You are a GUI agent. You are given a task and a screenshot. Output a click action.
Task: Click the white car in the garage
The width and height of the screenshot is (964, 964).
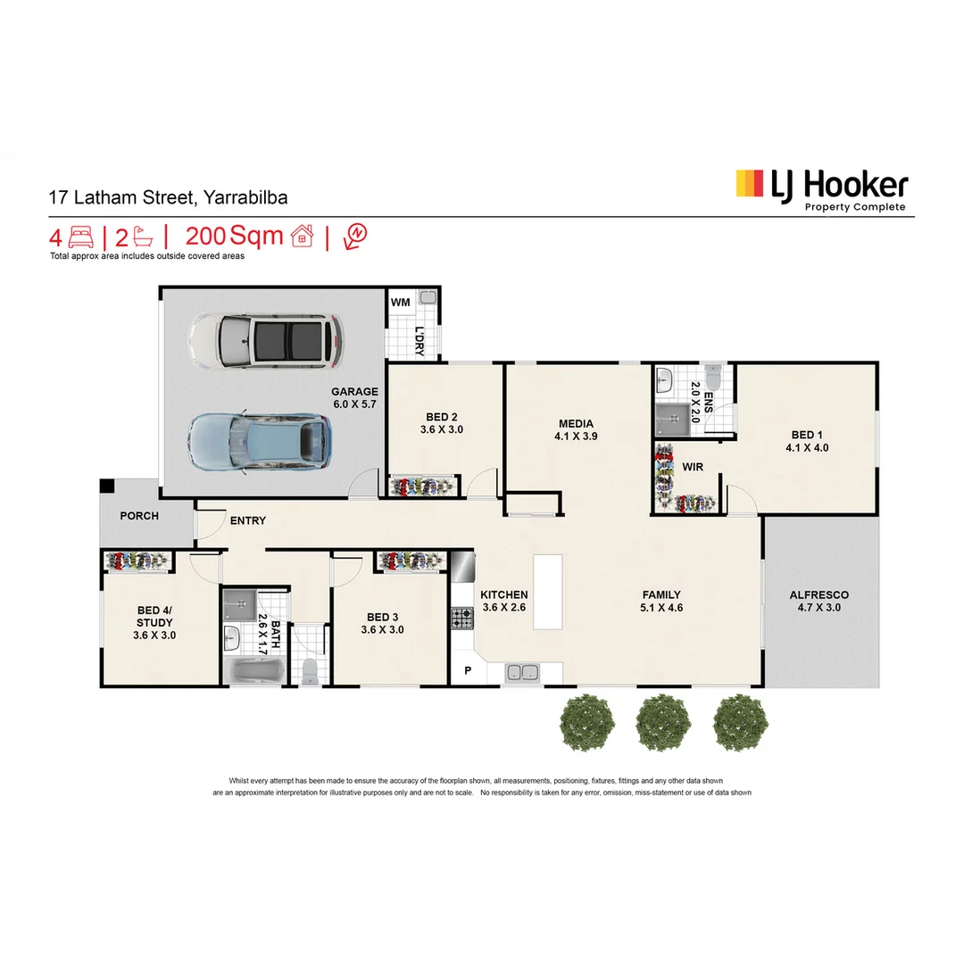[x=265, y=340]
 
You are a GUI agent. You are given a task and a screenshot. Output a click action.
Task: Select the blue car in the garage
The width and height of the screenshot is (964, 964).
[x=257, y=441]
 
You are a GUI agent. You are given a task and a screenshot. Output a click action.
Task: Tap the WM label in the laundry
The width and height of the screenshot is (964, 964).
[x=401, y=303]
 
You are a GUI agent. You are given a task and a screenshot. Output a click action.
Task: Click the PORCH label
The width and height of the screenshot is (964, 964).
[x=139, y=516]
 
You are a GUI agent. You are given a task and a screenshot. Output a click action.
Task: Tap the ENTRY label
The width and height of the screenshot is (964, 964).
[x=247, y=520]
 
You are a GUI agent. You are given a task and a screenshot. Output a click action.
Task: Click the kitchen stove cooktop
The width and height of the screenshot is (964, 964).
[x=462, y=617]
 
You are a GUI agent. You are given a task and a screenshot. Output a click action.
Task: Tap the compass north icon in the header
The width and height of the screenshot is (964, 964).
[x=354, y=236]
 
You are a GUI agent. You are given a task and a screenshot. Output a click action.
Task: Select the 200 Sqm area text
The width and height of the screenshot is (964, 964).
[x=234, y=237]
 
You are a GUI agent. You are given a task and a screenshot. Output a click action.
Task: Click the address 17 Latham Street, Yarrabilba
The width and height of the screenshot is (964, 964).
[x=169, y=198]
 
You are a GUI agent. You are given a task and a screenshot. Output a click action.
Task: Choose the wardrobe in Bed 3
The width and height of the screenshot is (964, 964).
[x=411, y=561]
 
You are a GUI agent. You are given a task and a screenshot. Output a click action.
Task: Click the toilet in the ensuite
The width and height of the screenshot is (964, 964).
[x=713, y=373]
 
